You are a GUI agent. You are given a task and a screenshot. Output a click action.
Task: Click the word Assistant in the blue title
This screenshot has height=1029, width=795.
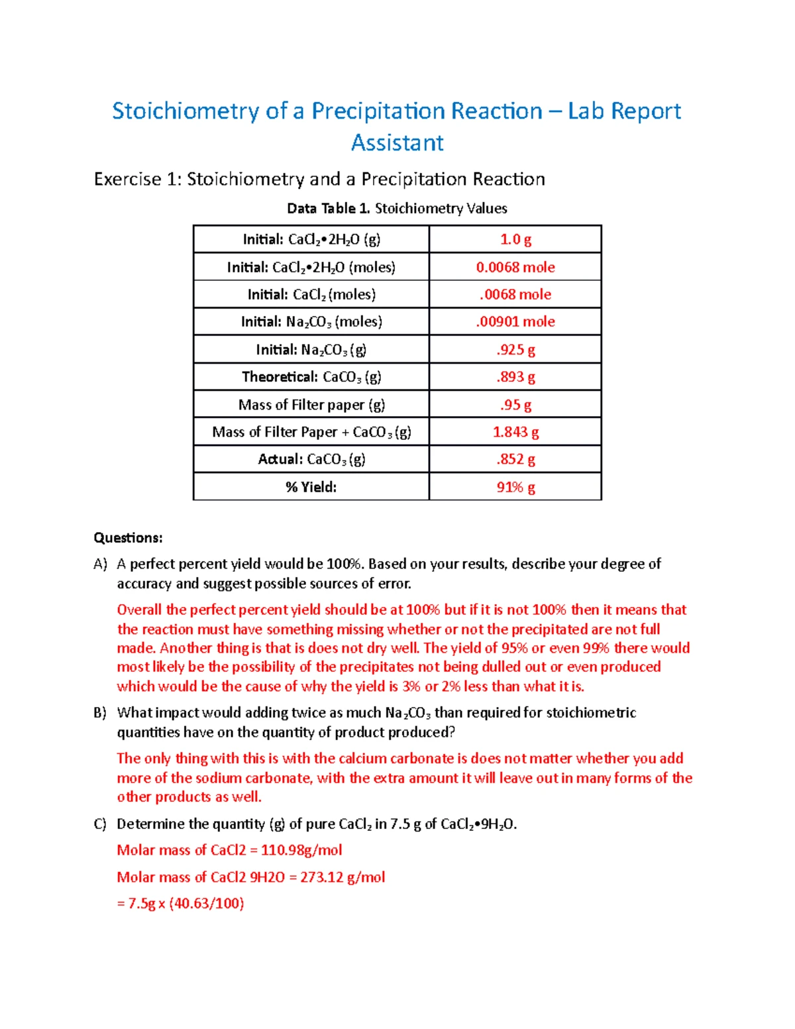click(x=397, y=143)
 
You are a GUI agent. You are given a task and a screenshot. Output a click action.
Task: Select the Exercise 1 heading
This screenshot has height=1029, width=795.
click(x=319, y=179)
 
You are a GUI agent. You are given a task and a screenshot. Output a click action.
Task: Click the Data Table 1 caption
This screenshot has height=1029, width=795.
click(x=397, y=208)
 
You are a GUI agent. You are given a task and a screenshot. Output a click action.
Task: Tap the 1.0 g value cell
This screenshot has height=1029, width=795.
click(x=515, y=239)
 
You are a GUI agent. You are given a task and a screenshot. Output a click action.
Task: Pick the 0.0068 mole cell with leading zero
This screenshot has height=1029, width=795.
click(x=515, y=267)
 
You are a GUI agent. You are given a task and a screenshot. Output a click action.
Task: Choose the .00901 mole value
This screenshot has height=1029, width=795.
click(x=515, y=321)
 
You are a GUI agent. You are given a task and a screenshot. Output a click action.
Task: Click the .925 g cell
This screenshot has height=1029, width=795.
click(x=515, y=349)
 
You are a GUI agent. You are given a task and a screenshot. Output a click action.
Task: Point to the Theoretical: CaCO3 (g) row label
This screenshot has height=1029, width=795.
click(x=311, y=377)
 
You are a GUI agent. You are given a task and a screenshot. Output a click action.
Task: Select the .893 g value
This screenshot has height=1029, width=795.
click(x=515, y=377)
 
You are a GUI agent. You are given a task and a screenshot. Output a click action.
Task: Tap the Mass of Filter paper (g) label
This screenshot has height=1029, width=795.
click(x=311, y=405)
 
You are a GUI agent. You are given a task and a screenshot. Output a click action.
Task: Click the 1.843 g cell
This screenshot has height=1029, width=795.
click(x=515, y=432)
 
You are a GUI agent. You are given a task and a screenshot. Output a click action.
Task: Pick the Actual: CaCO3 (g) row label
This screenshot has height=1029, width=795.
click(x=311, y=459)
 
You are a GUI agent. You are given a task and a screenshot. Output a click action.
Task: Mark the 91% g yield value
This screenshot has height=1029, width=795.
click(x=515, y=487)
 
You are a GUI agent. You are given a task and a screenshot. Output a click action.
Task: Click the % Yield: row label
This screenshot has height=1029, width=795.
click(x=311, y=487)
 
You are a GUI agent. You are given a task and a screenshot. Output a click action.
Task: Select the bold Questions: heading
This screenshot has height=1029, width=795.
click(x=128, y=537)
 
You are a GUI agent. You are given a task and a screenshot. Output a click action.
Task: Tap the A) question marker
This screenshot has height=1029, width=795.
click(x=100, y=564)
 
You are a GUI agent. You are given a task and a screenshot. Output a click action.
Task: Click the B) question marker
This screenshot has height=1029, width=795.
click(x=100, y=713)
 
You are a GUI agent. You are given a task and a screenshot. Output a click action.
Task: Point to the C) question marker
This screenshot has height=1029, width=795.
click(x=100, y=824)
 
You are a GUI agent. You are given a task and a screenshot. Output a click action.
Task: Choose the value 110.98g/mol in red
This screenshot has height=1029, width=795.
click(x=301, y=850)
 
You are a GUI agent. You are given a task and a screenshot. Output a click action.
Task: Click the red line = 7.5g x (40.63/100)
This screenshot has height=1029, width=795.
click(x=181, y=903)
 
